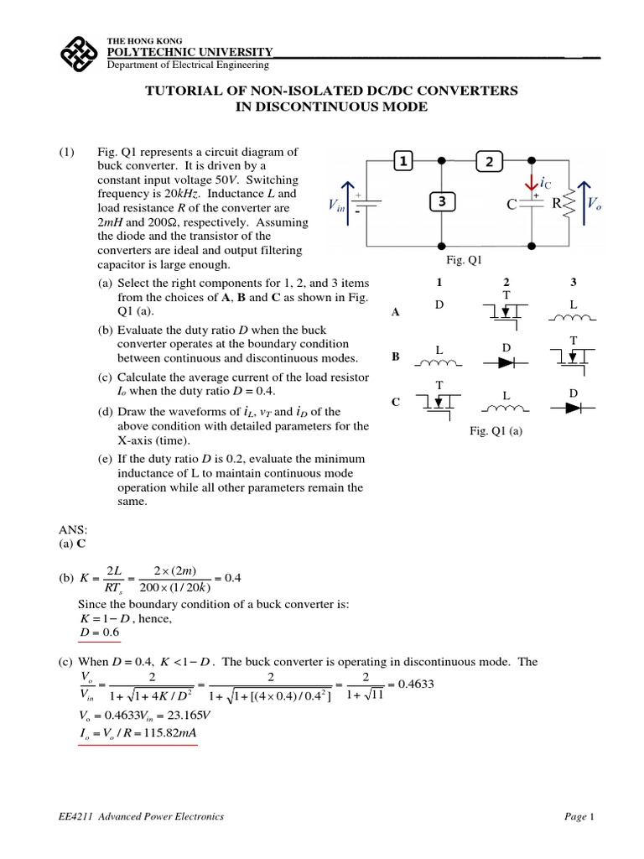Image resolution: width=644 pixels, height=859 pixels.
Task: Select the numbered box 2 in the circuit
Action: click(x=488, y=161)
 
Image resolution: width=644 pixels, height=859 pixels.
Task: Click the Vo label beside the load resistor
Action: click(x=594, y=204)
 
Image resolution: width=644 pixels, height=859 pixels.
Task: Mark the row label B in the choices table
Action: click(x=395, y=356)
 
